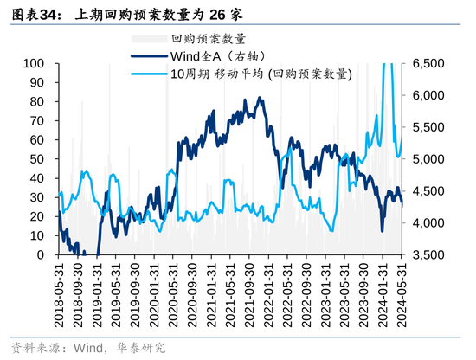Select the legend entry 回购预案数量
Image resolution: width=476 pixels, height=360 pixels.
tap(209, 39)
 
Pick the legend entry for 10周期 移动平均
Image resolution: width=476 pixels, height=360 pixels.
tap(261, 74)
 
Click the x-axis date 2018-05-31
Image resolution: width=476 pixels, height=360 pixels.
tap(59, 293)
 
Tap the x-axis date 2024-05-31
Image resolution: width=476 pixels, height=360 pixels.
tap(402, 293)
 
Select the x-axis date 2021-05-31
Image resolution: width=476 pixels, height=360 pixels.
tap(229, 293)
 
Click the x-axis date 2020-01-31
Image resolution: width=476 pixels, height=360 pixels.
tap(153, 293)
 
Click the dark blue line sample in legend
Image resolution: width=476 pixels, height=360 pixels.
tap(148, 56)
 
